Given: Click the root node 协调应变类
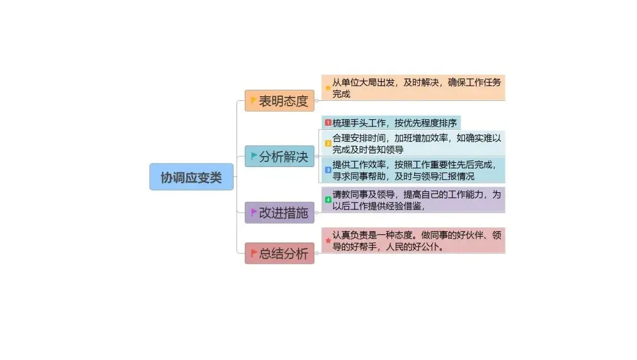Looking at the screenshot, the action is [x=191, y=177].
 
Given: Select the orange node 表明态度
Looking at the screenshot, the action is [x=280, y=101].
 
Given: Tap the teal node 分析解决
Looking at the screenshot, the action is [x=280, y=156].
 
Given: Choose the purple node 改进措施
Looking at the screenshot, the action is [x=280, y=212].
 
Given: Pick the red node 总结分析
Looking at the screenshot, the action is [x=280, y=254].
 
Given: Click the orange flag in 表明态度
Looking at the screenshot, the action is [x=254, y=101].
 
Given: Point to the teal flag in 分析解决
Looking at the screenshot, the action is [x=254, y=156].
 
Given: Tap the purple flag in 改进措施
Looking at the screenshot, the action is [x=254, y=212].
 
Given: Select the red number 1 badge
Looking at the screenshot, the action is [x=328, y=123].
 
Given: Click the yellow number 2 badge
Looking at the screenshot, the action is [x=328, y=143].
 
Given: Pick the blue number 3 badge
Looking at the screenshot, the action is [x=328, y=170].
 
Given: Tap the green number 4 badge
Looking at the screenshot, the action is [x=328, y=199].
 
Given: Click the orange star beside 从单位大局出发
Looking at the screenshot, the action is [x=328, y=88].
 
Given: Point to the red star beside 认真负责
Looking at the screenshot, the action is [x=328, y=240].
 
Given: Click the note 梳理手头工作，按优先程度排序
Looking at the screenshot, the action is [x=394, y=123].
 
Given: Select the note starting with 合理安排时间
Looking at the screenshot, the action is [x=416, y=143].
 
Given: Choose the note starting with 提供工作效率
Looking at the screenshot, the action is [x=416, y=170].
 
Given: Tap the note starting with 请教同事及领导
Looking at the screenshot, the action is [x=416, y=200].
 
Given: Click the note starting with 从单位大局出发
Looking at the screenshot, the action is [x=416, y=88].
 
